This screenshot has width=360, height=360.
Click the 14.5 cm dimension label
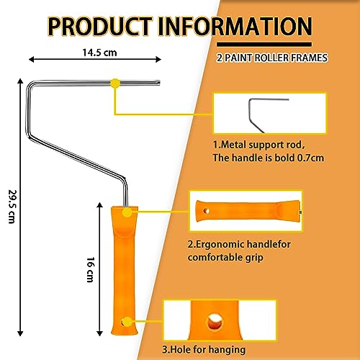pos(99,53)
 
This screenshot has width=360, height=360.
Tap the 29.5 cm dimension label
pos(12,207)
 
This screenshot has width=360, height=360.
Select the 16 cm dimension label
pos(91,269)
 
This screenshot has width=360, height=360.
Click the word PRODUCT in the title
pos(100,27)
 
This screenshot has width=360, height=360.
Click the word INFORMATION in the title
pos(235,27)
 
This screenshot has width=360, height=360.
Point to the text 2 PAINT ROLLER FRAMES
pos(272,58)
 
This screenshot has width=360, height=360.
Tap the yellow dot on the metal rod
pos(115,83)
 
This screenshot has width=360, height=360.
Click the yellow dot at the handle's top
pos(127,212)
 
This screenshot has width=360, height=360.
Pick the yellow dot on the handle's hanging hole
pos(127,322)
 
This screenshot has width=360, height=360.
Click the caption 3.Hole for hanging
pos(204,349)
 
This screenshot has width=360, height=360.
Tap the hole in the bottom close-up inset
pos(215,321)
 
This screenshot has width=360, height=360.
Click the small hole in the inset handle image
pos(206,211)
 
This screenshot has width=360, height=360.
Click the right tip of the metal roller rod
pos(159,83)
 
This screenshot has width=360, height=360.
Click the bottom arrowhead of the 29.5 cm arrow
pos(20,333)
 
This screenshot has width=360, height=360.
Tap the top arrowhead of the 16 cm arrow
pos(99,204)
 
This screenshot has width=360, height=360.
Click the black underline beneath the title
pos(264,45)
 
